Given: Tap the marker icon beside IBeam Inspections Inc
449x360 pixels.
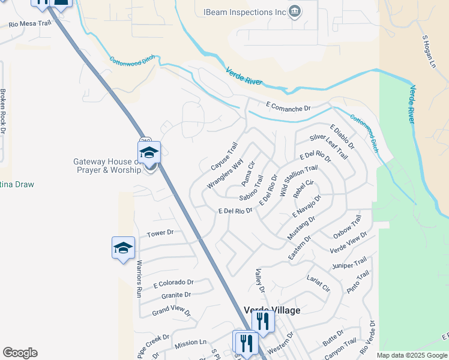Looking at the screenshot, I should tap(294, 11).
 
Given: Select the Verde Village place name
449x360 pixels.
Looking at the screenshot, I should tap(272, 310).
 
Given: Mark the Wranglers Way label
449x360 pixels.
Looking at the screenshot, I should tap(225, 174).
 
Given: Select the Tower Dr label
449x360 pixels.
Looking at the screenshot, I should tap(160, 232).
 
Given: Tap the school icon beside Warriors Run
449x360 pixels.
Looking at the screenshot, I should tap(123, 248).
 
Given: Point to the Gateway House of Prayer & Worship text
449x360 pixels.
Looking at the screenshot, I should tap(107, 166).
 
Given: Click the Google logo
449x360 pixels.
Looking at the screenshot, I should tap(20, 353).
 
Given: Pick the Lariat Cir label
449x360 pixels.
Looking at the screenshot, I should tap(318, 284).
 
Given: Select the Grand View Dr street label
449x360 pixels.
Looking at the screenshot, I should tap(171, 312).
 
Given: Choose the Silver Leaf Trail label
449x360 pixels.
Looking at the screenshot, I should tap(328, 146).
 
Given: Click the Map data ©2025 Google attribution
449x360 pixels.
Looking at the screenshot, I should tap(412, 355).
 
